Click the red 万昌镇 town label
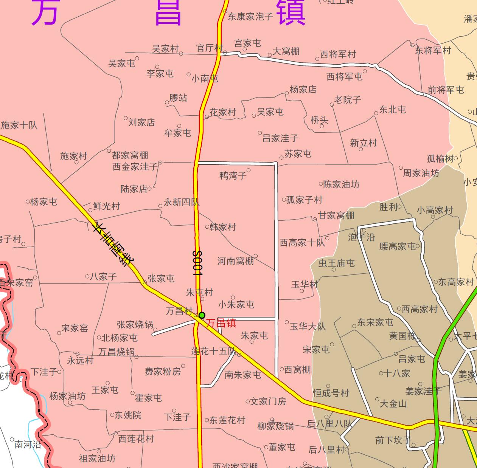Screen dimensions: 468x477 (221, 323)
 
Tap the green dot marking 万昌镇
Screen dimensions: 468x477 (202, 315)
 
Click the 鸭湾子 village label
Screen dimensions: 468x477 (233, 175)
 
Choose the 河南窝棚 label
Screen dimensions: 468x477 (235, 261)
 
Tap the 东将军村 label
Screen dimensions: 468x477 (433, 51)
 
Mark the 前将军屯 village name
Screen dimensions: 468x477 (446, 90)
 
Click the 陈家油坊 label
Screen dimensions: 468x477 (341, 184)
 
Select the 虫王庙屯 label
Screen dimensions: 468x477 (337, 263)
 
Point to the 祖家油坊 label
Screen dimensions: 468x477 (97, 459)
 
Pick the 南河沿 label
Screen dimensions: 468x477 (28, 445)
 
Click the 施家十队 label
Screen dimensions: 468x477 (19, 125)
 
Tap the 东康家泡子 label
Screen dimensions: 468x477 (250, 17)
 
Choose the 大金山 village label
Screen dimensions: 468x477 (393, 404)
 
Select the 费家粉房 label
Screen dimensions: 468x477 (163, 372)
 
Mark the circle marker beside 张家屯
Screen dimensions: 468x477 (144, 282)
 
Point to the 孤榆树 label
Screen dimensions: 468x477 (440, 159)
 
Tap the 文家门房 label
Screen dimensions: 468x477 (268, 401)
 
